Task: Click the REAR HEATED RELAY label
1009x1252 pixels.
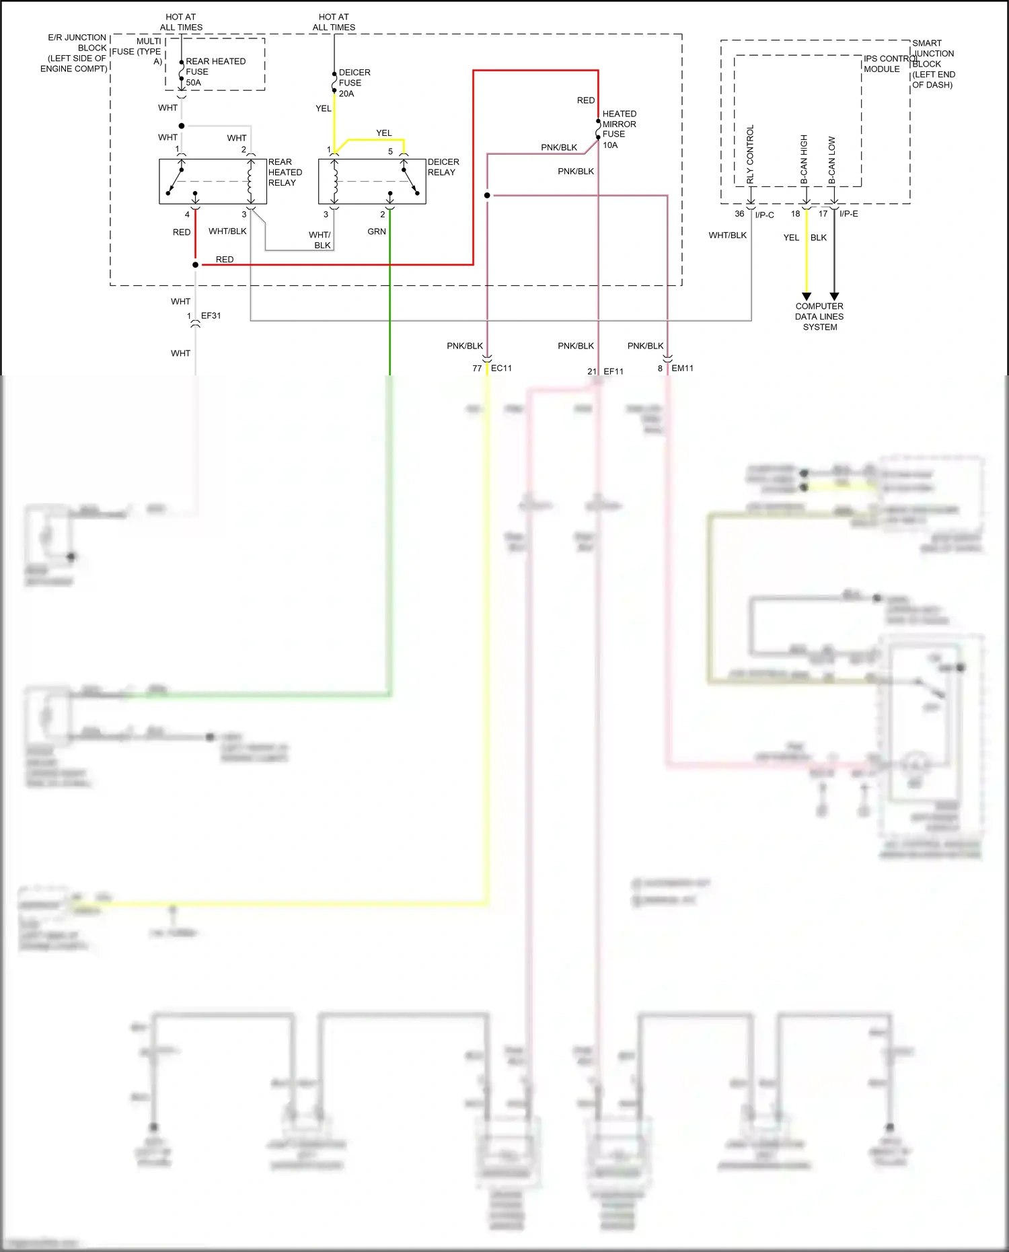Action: (x=285, y=172)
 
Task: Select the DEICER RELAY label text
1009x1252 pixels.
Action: (x=443, y=167)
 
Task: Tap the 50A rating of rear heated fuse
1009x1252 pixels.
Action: (x=193, y=83)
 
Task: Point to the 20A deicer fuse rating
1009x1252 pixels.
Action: (x=346, y=94)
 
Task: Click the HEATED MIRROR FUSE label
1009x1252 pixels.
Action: (x=619, y=124)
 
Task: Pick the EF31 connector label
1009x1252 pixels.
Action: (x=211, y=316)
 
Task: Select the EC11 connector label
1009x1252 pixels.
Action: (x=501, y=368)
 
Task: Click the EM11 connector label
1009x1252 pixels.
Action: (x=682, y=368)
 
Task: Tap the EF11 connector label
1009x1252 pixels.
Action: (x=613, y=371)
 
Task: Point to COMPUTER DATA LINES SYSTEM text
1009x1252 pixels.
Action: (x=819, y=316)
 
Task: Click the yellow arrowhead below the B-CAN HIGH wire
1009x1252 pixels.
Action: (x=807, y=297)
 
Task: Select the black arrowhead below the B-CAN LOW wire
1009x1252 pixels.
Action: (x=834, y=297)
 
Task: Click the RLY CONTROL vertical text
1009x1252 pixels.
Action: (x=750, y=154)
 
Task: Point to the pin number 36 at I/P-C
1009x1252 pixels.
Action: (x=739, y=214)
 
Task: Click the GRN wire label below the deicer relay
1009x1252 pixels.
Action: (x=377, y=231)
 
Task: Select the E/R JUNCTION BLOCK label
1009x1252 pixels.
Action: (x=74, y=53)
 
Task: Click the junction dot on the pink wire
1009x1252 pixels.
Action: (x=487, y=196)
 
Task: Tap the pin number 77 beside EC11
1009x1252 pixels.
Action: (x=477, y=369)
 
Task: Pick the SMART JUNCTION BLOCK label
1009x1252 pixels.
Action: (x=933, y=64)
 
